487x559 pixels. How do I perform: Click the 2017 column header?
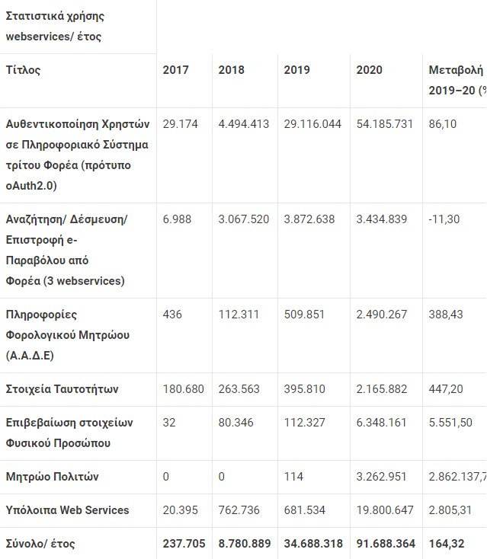[176, 70]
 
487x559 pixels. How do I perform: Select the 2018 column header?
[231, 70]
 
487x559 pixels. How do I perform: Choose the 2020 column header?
[369, 70]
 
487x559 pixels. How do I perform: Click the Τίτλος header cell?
[23, 70]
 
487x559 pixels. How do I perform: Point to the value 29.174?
[180, 123]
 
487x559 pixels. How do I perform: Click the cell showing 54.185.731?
[387, 123]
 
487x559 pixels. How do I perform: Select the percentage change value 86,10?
[443, 123]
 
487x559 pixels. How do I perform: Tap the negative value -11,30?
[444, 219]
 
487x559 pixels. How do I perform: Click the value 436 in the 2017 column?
[172, 315]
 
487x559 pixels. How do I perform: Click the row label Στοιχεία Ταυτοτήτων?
[62, 389]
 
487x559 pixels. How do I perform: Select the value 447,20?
[446, 389]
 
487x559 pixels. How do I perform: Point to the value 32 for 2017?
[169, 423]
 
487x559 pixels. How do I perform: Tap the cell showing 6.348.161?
[382, 423]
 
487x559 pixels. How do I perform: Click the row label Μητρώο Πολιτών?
[52, 477]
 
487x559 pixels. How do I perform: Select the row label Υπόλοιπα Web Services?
[67, 510]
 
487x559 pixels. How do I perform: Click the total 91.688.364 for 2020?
[386, 544]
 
